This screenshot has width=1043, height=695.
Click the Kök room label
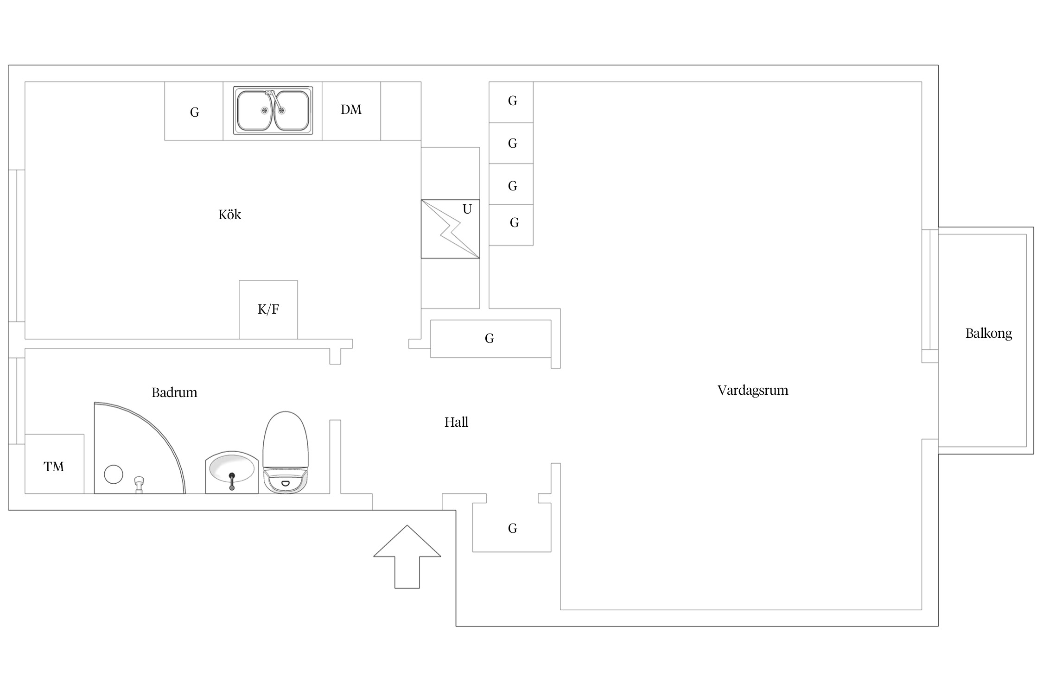click(229, 215)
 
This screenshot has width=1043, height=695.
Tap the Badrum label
click(174, 393)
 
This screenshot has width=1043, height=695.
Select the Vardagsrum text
click(753, 391)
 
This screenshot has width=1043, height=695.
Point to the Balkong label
click(988, 334)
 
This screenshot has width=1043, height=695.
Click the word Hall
click(456, 422)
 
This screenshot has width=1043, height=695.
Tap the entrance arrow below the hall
click(407, 557)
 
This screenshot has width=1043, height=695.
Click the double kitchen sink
click(273, 110)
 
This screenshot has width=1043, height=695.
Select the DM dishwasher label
click(351, 109)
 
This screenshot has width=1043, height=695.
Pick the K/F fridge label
click(268, 309)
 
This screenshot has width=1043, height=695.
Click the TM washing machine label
click(54, 467)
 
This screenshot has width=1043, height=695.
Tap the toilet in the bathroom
click(286, 452)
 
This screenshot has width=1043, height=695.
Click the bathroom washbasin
click(232, 472)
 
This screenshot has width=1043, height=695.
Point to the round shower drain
click(114, 474)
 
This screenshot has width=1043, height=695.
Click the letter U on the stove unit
click(467, 209)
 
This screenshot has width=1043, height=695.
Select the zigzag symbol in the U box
click(450, 229)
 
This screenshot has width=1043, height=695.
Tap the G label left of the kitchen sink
click(195, 112)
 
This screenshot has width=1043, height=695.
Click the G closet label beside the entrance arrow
click(512, 528)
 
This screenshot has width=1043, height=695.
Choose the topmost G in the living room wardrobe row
click(512, 101)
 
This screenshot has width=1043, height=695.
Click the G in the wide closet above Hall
click(489, 339)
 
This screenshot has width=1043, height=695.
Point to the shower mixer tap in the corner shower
click(139, 485)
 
